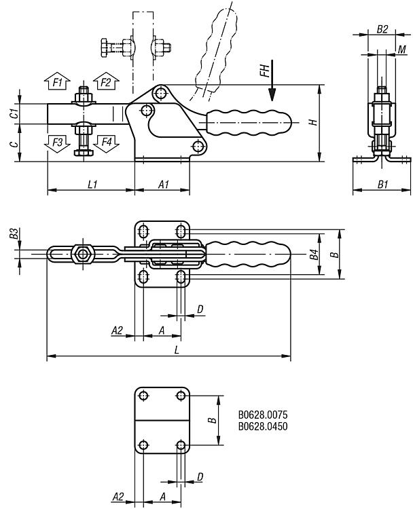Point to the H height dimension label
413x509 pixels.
point(312,122)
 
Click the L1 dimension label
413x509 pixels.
point(92,184)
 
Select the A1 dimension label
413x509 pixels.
point(164,184)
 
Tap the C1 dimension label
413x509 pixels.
point(14,113)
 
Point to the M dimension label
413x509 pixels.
point(401,49)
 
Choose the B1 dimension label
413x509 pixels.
point(382,184)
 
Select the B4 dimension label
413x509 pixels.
point(313,255)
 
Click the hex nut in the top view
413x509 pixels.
point(83,254)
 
